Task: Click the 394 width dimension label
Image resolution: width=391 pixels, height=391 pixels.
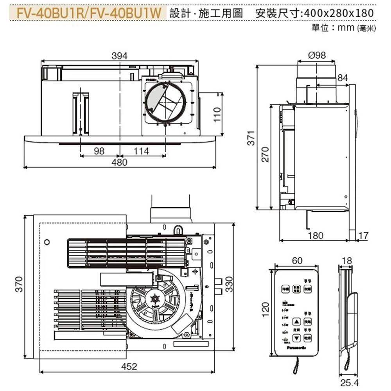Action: click(x=119, y=56)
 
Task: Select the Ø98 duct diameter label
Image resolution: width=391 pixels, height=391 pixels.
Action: click(x=317, y=56)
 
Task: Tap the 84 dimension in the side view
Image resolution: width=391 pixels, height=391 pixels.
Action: click(x=343, y=78)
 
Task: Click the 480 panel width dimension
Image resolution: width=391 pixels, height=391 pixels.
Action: click(x=119, y=162)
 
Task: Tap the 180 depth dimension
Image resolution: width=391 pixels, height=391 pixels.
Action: click(x=316, y=235)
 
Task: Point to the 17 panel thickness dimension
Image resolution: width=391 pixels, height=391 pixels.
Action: click(x=363, y=235)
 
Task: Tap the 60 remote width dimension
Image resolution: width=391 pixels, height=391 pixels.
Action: click(x=297, y=260)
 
